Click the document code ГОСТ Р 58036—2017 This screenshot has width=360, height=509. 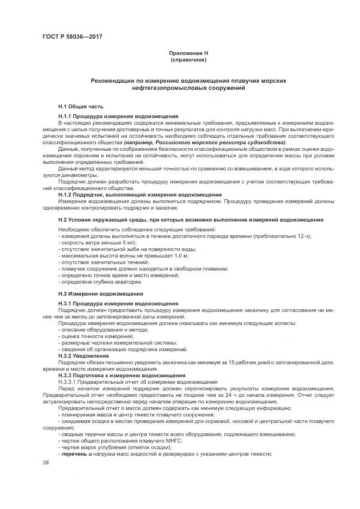click(72, 37)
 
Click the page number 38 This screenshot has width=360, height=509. click(46, 462)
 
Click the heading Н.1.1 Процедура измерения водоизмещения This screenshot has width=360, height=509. click(118, 116)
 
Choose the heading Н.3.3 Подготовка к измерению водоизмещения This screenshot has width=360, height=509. click(121, 375)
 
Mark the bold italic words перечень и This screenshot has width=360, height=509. click(74, 453)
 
